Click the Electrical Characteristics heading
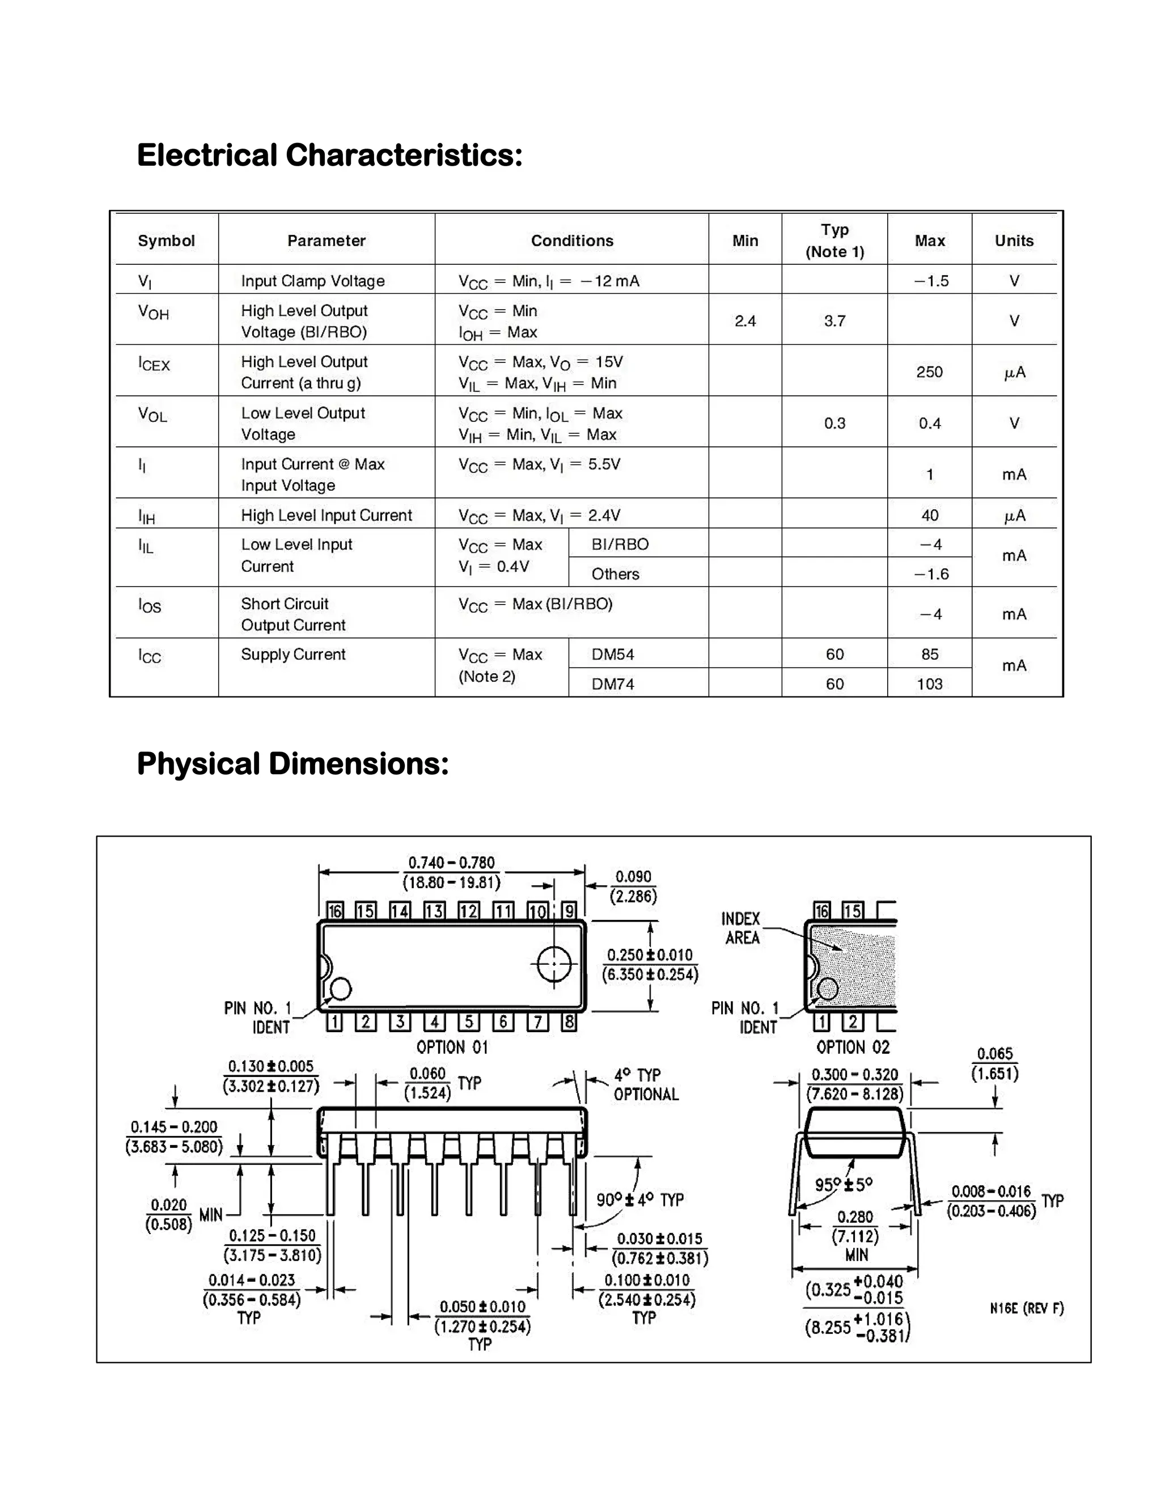pyautogui.click(x=329, y=155)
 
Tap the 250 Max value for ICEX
pyautogui.click(x=929, y=371)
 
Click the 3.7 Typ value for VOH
pyautogui.click(x=834, y=320)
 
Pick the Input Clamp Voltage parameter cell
pyautogui.click(x=312, y=281)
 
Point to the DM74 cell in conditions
pyautogui.click(x=613, y=683)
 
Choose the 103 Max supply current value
pyautogui.click(x=929, y=683)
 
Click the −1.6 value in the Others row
pyautogui.click(x=931, y=574)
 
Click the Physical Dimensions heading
pyautogui.click(x=293, y=763)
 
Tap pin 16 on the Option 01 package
pyautogui.click(x=335, y=911)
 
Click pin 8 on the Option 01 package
pyautogui.click(x=569, y=1022)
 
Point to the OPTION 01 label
pyautogui.click(x=452, y=1048)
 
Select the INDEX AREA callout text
pyautogui.click(x=741, y=928)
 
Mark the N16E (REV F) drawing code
pyautogui.click(x=1026, y=1308)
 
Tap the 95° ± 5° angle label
pyautogui.click(x=843, y=1184)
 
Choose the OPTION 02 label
pyautogui.click(x=853, y=1048)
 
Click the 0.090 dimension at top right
pyautogui.click(x=633, y=886)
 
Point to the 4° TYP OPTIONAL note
pyautogui.click(x=645, y=1084)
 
